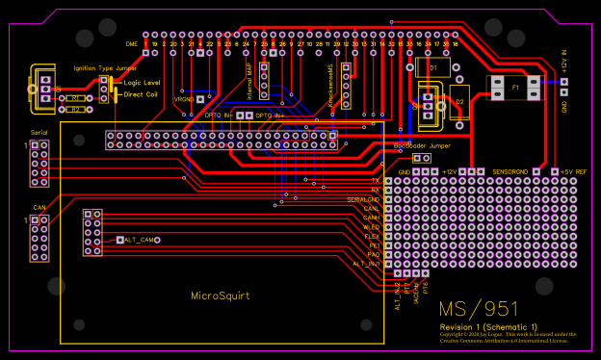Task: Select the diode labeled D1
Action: (432, 69)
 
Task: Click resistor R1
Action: (74, 98)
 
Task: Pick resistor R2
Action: (74, 110)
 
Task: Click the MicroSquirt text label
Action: (220, 296)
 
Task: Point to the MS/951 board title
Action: (479, 310)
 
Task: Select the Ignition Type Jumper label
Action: (105, 68)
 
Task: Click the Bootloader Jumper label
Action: (422, 145)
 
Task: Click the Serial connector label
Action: (39, 131)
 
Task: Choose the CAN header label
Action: (39, 206)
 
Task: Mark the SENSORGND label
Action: (511, 170)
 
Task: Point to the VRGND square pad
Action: (200, 99)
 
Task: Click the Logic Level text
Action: (143, 83)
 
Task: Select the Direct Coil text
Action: (141, 94)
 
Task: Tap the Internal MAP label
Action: (250, 82)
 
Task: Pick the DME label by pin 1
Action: (132, 44)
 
